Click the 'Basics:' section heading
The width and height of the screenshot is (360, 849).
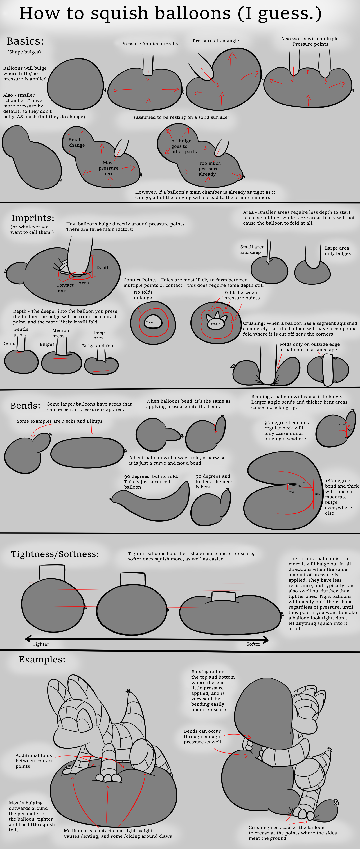[25, 41]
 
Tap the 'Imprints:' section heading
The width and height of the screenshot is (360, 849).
[33, 218]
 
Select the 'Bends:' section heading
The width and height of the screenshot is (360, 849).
[25, 405]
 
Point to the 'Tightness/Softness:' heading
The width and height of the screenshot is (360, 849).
[55, 554]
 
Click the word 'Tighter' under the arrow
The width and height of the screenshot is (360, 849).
[41, 644]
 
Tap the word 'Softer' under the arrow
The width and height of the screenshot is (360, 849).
[253, 644]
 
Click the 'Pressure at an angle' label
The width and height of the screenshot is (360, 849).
[216, 41]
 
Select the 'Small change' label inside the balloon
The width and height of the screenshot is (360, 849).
[77, 142]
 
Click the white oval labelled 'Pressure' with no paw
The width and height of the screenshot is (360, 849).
[152, 322]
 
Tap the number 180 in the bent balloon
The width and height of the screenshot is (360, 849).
[317, 494]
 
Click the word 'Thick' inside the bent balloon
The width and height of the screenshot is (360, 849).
[291, 492]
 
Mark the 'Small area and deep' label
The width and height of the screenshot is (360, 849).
[252, 250]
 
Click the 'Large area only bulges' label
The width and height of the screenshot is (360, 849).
[337, 251]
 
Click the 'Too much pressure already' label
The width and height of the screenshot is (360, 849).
[210, 169]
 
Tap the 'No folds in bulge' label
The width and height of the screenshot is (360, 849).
[143, 295]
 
